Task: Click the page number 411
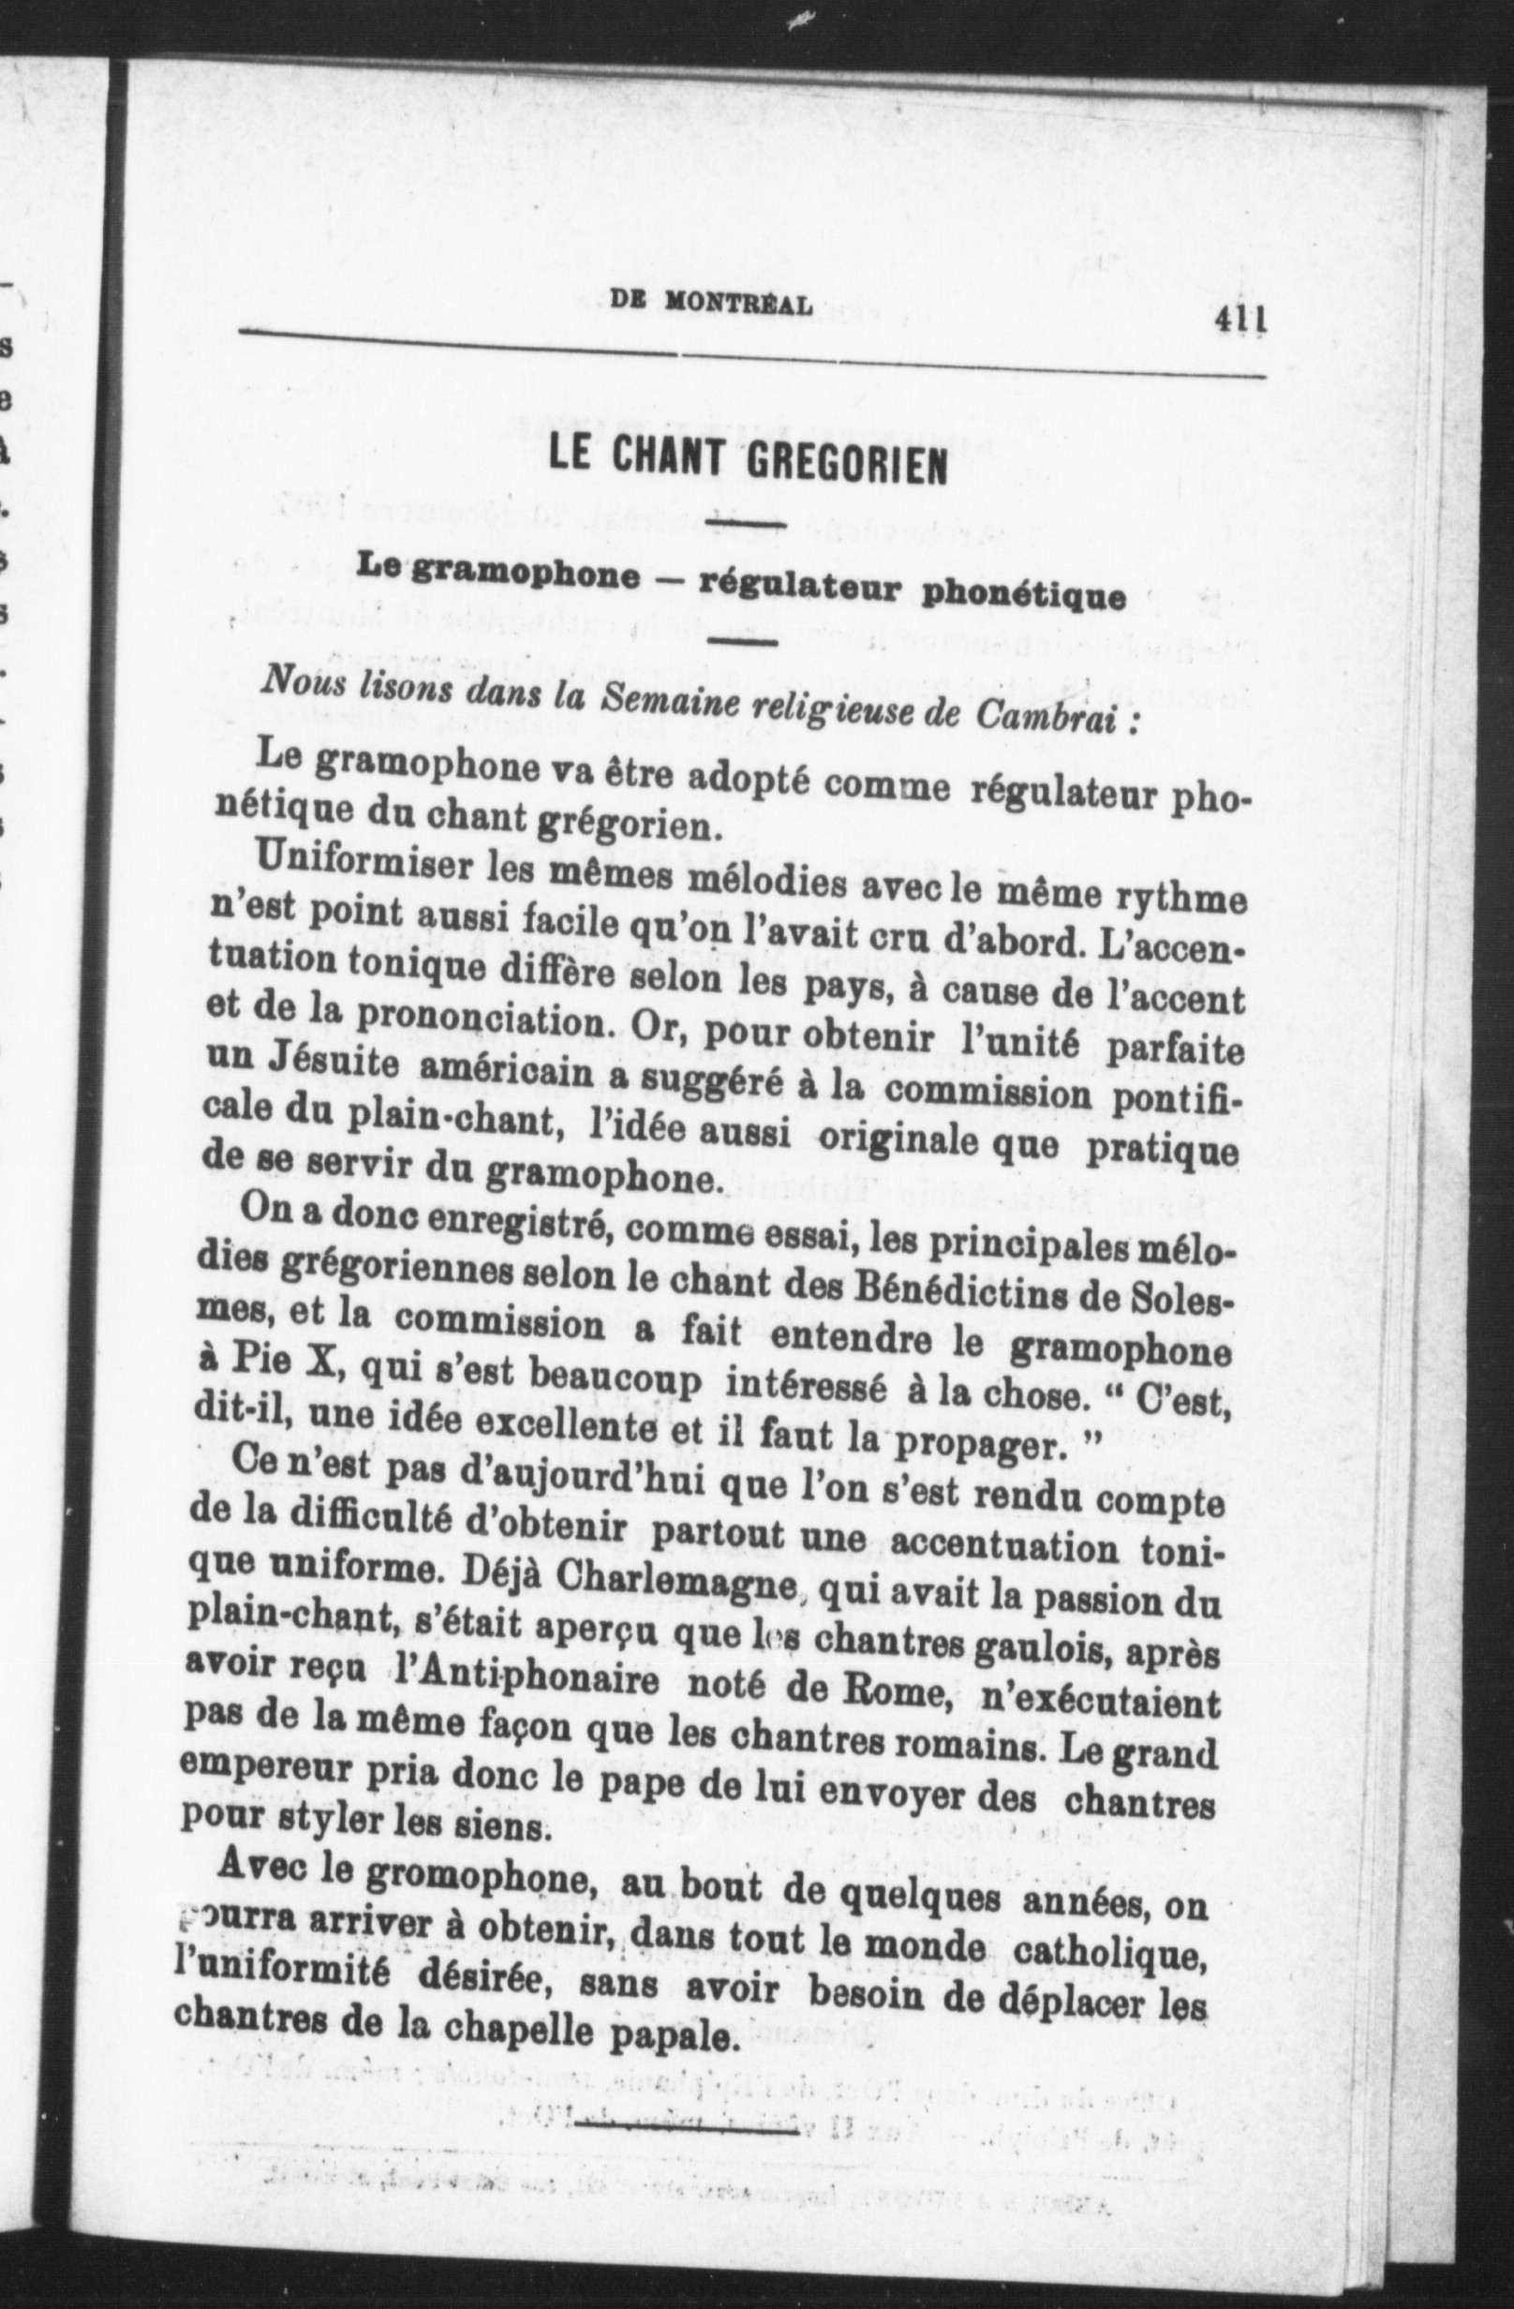tap(1241, 320)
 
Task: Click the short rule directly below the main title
tap(745, 525)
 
